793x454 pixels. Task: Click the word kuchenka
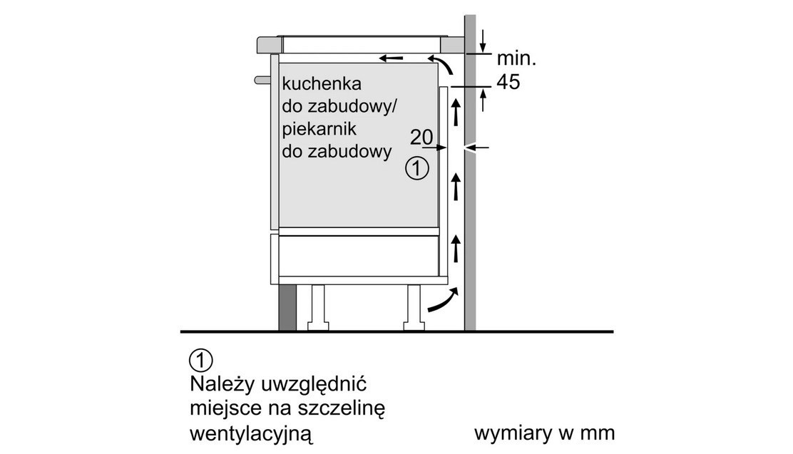click(x=322, y=83)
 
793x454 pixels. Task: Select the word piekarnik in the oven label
click(x=319, y=129)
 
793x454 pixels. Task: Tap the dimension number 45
click(x=508, y=82)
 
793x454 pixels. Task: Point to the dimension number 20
click(x=421, y=137)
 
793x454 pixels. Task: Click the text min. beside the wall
click(x=516, y=58)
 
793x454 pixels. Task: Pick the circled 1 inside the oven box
click(x=417, y=168)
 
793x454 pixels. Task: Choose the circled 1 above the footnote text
click(x=201, y=361)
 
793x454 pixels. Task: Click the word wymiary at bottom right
click(x=511, y=434)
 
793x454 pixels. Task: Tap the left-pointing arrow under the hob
click(x=392, y=58)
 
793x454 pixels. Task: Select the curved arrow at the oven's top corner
click(x=443, y=64)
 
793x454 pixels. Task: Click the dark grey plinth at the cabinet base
click(x=287, y=307)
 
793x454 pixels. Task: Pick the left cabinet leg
click(x=317, y=307)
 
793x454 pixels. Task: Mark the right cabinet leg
click(x=414, y=307)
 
